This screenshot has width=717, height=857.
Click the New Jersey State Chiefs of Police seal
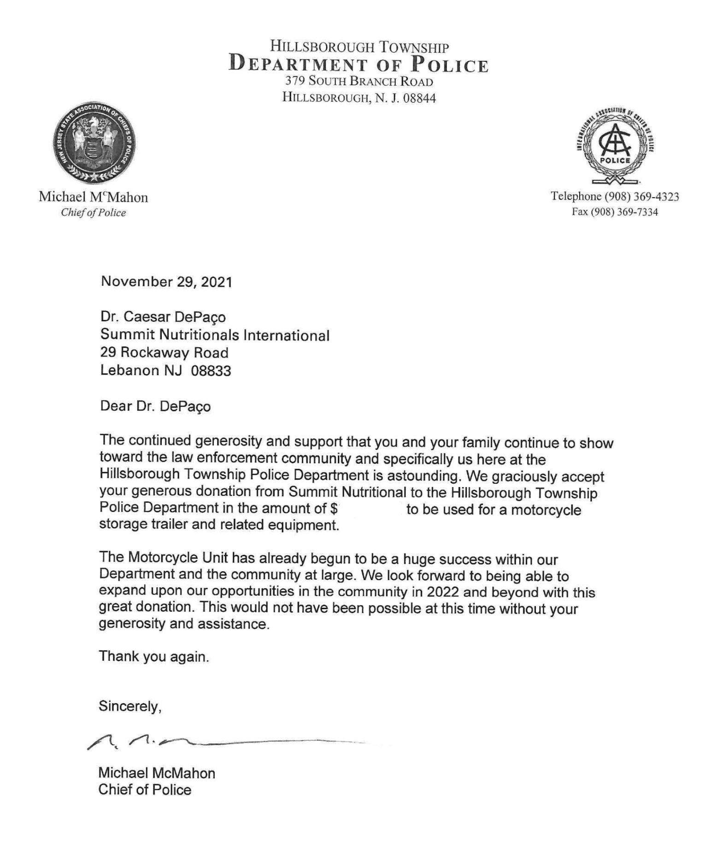(x=95, y=143)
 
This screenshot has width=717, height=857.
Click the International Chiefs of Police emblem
(x=615, y=145)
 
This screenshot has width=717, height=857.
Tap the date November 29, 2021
(x=166, y=282)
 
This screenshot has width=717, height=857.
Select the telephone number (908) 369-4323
(x=641, y=197)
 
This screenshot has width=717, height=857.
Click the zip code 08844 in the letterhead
(x=419, y=98)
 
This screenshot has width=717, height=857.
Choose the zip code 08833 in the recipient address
(x=211, y=370)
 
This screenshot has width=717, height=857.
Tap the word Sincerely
(x=130, y=706)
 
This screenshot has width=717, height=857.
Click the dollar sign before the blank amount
(x=334, y=508)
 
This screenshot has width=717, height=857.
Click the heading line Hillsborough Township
(x=359, y=47)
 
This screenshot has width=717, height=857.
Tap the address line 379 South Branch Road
(x=359, y=82)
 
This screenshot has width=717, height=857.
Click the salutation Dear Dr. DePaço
(x=155, y=406)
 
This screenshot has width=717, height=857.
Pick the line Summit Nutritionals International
(x=215, y=335)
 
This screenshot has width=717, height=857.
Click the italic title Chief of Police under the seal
(x=94, y=212)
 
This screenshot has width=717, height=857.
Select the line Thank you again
(x=154, y=656)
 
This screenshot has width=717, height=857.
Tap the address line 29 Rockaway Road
(x=165, y=353)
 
